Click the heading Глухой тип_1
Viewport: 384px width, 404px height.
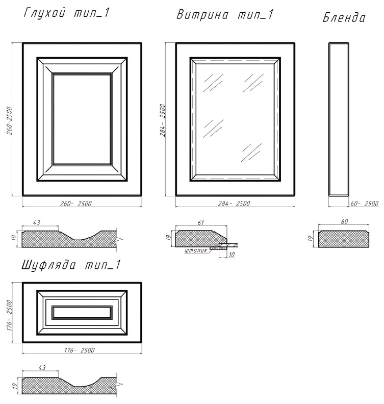(67, 13)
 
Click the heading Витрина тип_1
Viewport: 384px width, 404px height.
(225, 14)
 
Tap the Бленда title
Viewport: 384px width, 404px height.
(344, 18)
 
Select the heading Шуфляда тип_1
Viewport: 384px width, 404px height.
(71, 265)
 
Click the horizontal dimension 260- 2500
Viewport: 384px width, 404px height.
(76, 204)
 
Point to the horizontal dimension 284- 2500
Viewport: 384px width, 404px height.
(234, 204)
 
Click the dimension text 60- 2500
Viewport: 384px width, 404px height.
(365, 204)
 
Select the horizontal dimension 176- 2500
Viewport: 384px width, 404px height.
(80, 350)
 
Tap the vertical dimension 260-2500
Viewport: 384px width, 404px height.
(9, 120)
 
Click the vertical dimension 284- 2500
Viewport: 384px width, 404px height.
(163, 120)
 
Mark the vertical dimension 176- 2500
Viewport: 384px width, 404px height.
(9, 315)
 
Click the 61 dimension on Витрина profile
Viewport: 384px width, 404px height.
(200, 222)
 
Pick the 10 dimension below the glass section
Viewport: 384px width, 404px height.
(232, 255)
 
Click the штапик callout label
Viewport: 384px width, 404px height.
(196, 250)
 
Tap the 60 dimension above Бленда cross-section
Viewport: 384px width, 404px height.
(344, 221)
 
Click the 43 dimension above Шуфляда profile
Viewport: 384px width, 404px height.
(42, 367)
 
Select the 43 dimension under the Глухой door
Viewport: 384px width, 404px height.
(37, 222)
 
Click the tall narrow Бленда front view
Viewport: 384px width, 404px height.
(339, 119)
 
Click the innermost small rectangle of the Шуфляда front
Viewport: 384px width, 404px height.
(82, 312)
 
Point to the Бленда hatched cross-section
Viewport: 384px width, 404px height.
(344, 239)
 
